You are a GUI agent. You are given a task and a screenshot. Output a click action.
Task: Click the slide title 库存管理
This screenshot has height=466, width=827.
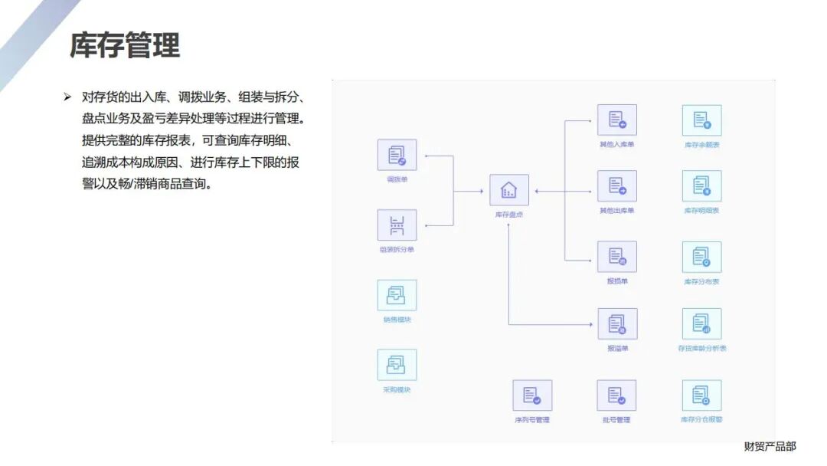(x=125, y=45)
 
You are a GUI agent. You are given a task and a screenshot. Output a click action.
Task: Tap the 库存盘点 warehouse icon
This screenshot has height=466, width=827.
(x=509, y=190)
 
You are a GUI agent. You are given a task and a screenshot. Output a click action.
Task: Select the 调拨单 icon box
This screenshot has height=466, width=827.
(x=397, y=155)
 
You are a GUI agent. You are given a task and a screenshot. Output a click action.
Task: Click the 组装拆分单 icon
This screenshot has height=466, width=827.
(x=397, y=225)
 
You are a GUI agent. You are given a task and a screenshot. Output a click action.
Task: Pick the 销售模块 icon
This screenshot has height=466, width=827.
(x=397, y=295)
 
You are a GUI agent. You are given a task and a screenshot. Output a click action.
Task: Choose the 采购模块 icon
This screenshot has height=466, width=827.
(x=397, y=365)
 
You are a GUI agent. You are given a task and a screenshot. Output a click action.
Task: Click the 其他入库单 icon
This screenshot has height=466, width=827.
(x=616, y=120)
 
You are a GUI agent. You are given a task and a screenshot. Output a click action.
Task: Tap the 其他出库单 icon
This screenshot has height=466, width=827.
(x=616, y=186)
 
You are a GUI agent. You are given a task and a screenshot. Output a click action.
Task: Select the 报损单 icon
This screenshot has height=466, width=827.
(x=616, y=257)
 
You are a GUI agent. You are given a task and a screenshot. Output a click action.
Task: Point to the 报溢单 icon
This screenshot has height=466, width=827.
(x=616, y=323)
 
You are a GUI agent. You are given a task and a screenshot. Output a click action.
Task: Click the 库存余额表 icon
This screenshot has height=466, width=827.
(x=701, y=120)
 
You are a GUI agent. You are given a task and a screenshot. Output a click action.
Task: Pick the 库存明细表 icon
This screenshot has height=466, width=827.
(x=701, y=186)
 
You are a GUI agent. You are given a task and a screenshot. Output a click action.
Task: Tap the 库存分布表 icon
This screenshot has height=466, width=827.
(x=701, y=258)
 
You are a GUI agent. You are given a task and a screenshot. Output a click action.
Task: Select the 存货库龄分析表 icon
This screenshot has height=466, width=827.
(x=701, y=323)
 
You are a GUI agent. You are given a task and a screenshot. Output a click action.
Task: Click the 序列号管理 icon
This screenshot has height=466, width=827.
(x=532, y=395)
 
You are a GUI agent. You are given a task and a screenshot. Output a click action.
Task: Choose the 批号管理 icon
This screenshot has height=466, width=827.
(x=616, y=395)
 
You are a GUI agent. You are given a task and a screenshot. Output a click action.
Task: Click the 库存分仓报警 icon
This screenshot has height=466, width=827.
(x=701, y=395)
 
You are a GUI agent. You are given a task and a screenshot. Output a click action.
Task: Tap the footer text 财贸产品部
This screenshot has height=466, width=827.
(x=770, y=446)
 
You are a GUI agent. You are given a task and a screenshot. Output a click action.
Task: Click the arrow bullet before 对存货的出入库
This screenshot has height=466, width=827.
(x=67, y=97)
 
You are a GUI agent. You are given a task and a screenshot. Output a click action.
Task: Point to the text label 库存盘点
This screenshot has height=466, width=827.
(x=509, y=215)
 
